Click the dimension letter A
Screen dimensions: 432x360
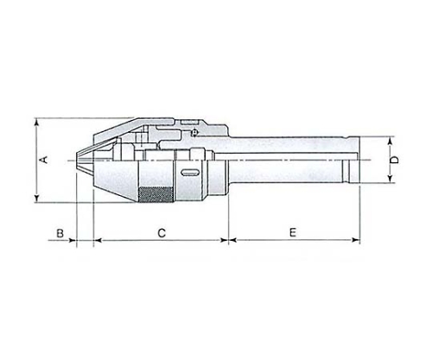coord(45,160)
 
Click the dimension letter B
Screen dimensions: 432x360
coord(60,233)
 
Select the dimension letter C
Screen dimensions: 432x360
coord(162,233)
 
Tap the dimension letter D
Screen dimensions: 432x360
coord(395,160)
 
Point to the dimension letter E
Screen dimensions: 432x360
coord(293,232)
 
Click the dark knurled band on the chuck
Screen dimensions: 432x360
coord(156,195)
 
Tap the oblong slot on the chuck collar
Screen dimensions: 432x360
coord(190,173)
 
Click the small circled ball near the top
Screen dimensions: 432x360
coord(194,133)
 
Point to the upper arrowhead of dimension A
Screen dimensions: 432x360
coord(36,122)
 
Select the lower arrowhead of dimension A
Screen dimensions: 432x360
coord(36,199)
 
